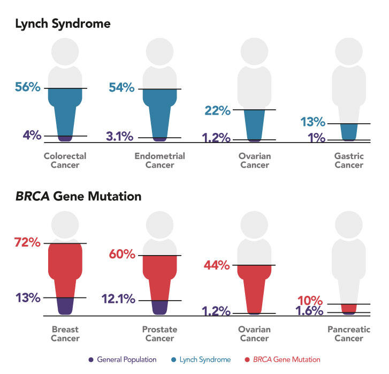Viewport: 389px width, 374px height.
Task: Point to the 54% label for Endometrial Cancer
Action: click(121, 88)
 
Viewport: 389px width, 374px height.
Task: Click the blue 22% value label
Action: click(217, 110)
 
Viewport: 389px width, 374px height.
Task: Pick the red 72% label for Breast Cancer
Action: click(28, 242)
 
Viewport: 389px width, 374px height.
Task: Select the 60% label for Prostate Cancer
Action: click(122, 254)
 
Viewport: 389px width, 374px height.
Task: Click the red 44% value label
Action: click(217, 265)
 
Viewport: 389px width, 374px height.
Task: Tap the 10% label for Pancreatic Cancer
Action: click(310, 300)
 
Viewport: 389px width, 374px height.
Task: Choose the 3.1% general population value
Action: click(119, 137)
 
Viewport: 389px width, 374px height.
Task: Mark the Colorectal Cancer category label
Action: click(65, 161)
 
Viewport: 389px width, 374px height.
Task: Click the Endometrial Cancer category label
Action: click(160, 161)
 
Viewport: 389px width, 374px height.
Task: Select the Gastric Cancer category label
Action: click(349, 161)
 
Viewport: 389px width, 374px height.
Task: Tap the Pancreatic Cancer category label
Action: click(349, 334)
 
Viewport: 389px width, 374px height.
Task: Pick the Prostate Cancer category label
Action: click(160, 334)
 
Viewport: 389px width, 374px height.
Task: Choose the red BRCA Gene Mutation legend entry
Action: click(289, 360)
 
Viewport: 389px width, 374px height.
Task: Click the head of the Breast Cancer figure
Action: click(65, 223)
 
